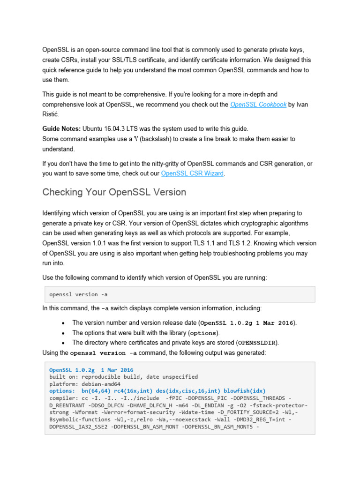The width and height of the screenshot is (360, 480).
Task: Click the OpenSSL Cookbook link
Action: pos(258,105)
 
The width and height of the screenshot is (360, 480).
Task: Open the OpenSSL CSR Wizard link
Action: pos(193,173)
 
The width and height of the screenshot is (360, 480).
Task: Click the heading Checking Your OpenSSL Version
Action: pos(114,192)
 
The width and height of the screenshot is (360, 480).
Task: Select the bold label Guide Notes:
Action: pos(61,128)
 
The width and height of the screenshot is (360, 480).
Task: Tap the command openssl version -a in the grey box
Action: pos(78,294)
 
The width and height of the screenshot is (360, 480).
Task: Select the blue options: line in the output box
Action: pos(157,390)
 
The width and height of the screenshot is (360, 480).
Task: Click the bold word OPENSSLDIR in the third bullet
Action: pos(258,343)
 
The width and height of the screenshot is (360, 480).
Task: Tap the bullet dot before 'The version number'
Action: pos(63,323)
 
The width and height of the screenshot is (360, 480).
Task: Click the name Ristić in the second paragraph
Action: pos(52,114)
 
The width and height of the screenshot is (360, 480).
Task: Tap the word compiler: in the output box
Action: pos(64,397)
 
